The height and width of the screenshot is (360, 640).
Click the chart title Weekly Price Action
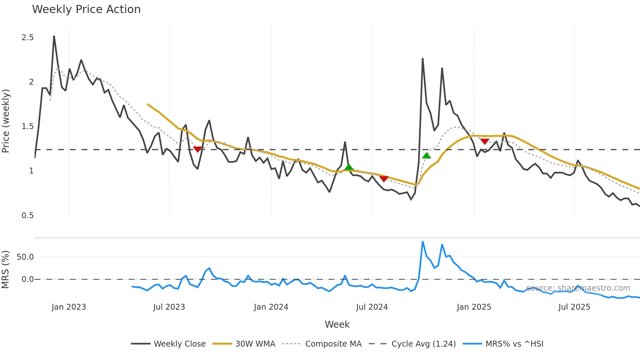point(86,9)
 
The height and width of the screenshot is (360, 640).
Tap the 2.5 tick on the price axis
point(28,38)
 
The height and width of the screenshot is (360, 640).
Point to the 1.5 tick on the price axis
point(28,126)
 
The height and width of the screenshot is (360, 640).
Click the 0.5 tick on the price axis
point(28,216)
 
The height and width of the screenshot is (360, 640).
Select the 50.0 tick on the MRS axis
point(25,257)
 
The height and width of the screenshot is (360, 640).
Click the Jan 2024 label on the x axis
point(271,307)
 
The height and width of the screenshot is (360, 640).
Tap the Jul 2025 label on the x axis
point(574,307)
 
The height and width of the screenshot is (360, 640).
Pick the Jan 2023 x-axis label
point(69,307)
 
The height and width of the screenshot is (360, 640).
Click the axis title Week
point(337,324)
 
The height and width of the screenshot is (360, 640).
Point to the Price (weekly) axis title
point(6,121)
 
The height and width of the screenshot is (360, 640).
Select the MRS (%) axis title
point(6,270)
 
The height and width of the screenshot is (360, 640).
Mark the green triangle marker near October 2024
point(426,155)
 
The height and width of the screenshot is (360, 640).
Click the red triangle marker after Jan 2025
point(485,141)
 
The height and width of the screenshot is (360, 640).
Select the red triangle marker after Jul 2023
point(198,149)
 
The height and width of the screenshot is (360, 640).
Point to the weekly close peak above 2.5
point(54,36)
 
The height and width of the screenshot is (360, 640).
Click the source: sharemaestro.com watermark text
point(578,288)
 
